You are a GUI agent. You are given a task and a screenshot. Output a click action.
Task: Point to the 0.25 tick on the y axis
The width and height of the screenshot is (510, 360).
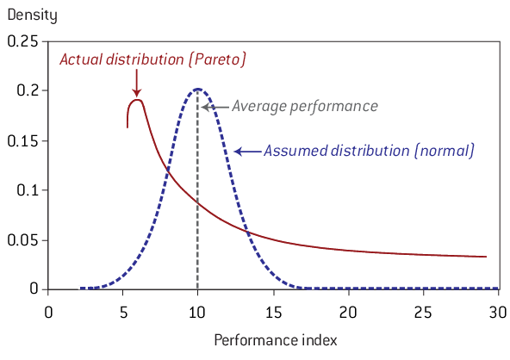tap(26, 41)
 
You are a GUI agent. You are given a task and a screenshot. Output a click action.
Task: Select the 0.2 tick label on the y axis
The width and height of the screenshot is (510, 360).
tap(31, 90)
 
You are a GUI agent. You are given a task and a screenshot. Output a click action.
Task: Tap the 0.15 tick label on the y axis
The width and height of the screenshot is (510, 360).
tap(26, 140)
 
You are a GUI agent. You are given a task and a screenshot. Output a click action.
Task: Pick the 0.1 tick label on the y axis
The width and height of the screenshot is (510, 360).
tap(31, 189)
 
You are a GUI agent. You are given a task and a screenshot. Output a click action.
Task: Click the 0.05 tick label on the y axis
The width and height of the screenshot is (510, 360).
tap(26, 239)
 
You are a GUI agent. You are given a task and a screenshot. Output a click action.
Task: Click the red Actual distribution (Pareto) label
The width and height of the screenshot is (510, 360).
tap(152, 59)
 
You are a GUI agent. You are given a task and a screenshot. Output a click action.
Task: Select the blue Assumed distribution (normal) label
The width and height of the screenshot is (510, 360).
tap(368, 151)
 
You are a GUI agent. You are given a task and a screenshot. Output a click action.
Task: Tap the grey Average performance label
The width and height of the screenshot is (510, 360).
tap(304, 107)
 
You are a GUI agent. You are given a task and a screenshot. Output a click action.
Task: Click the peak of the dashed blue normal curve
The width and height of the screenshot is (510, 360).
tap(198, 89)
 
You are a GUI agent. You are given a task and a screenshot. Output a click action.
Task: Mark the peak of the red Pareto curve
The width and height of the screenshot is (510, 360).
tap(136, 100)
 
